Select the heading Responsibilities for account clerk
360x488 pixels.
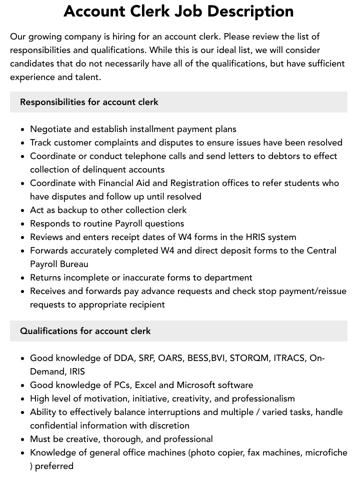(89, 102)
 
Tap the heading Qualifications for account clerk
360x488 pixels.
(85, 331)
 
